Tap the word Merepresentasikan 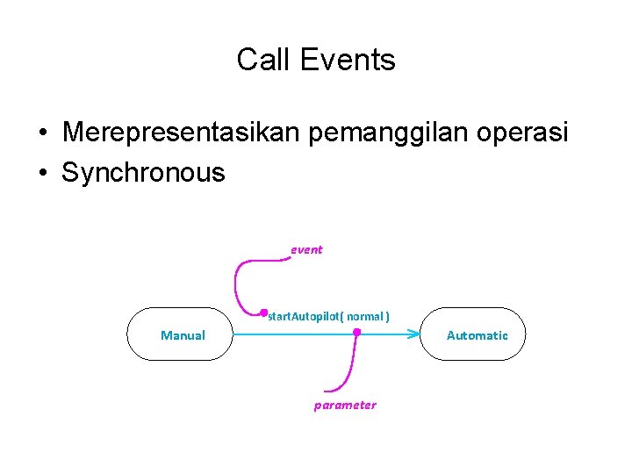coord(183,133)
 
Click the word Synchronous coord(143,172)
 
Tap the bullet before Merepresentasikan coord(42,133)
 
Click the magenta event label coord(307,249)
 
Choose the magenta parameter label coord(345,405)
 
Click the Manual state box coord(180,334)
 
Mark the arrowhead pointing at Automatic coord(414,334)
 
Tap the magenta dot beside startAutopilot coord(263,312)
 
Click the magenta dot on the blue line coord(356,333)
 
